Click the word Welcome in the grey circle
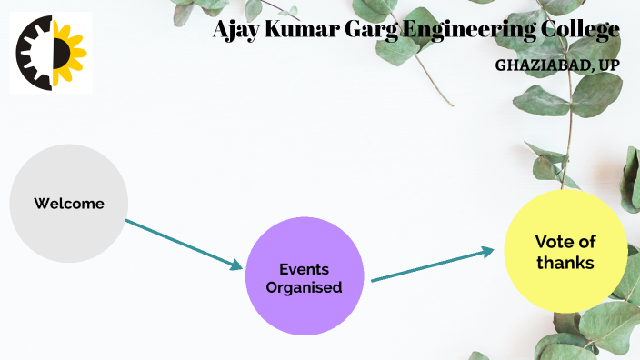[69, 204]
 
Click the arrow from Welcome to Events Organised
[182, 243]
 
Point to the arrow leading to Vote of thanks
[436, 265]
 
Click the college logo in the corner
[51, 52]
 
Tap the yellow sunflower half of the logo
[69, 53]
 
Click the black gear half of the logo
[34, 53]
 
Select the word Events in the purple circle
[304, 269]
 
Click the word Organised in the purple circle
[304, 287]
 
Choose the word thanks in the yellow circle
[565, 263]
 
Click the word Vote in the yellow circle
[551, 242]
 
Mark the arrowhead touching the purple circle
[237, 265]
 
